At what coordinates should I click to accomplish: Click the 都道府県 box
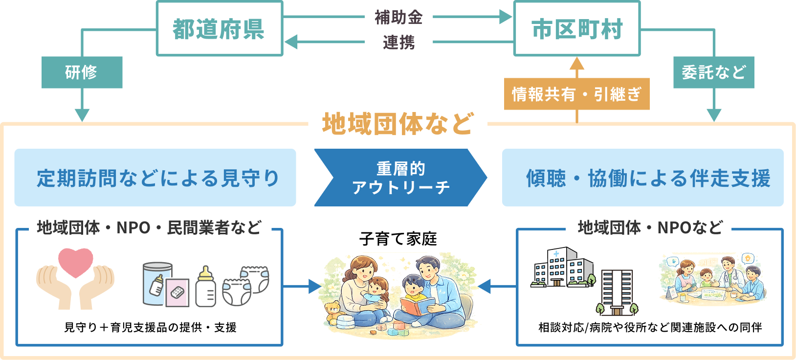click(x=219, y=28)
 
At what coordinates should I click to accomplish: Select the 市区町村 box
click(x=577, y=28)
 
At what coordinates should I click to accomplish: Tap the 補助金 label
click(x=398, y=18)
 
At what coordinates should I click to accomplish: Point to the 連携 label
click(x=398, y=43)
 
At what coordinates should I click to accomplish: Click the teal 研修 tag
click(x=82, y=72)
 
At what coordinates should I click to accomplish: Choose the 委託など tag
click(x=713, y=72)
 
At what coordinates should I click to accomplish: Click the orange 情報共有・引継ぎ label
click(x=576, y=94)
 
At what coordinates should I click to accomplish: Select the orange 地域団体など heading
click(x=398, y=124)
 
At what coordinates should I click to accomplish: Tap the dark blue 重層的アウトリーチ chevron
click(x=400, y=178)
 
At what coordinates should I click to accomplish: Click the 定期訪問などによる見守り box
click(x=155, y=178)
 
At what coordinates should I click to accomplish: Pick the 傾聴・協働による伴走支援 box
click(x=642, y=178)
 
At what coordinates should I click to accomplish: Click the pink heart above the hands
click(x=76, y=262)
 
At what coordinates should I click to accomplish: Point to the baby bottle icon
click(x=205, y=287)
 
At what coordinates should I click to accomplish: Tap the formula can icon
click(x=157, y=284)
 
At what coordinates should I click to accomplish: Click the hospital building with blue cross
click(x=562, y=268)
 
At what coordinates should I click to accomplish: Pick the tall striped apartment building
click(x=617, y=292)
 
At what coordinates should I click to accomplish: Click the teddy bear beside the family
click(x=334, y=312)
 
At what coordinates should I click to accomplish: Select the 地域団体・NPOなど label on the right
click(x=648, y=228)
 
